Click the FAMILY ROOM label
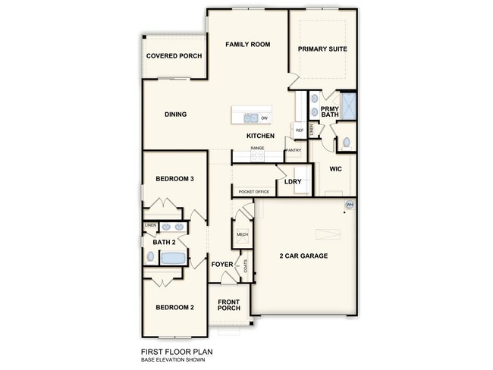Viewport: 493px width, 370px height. (x=247, y=45)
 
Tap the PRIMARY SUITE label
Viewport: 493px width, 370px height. (x=322, y=49)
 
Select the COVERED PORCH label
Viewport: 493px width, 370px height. (x=173, y=56)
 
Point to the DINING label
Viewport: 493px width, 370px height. (x=175, y=114)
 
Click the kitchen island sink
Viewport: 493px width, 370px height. (x=250, y=118)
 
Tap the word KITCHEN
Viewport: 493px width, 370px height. (x=259, y=136)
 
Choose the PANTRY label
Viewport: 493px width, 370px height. (x=293, y=150)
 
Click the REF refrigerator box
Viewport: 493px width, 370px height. (x=299, y=130)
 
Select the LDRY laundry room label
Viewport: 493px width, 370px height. (x=293, y=182)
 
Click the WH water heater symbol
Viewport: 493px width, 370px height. (x=350, y=205)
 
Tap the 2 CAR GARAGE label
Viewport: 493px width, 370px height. (x=303, y=256)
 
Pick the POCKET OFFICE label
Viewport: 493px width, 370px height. (x=254, y=192)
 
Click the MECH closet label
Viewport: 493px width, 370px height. (x=243, y=235)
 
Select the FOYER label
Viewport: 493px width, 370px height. (x=222, y=264)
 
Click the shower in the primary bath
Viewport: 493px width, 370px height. (x=348, y=104)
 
